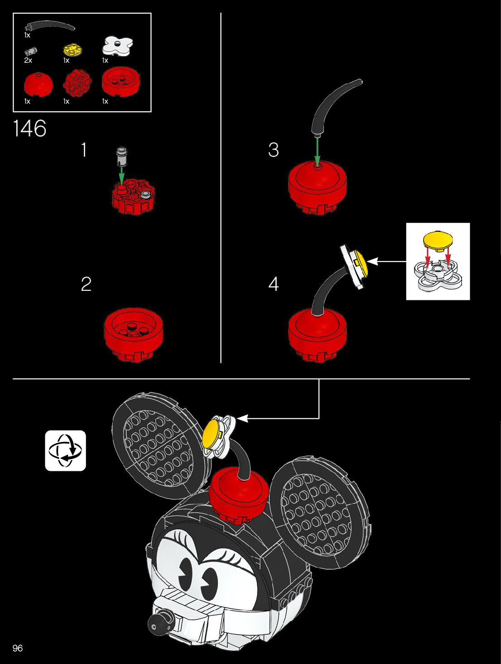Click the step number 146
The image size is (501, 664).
29,128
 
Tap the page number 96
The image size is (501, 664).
18,648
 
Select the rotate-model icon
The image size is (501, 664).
65,451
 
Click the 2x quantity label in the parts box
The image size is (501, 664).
28,60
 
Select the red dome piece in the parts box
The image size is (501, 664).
38,83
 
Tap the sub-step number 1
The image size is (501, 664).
84,150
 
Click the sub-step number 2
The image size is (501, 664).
86,284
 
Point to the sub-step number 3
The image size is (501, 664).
274,150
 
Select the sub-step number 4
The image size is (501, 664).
274,284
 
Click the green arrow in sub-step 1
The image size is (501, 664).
121,175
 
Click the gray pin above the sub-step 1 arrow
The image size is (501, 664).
121,155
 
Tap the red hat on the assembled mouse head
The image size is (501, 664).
238,493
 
